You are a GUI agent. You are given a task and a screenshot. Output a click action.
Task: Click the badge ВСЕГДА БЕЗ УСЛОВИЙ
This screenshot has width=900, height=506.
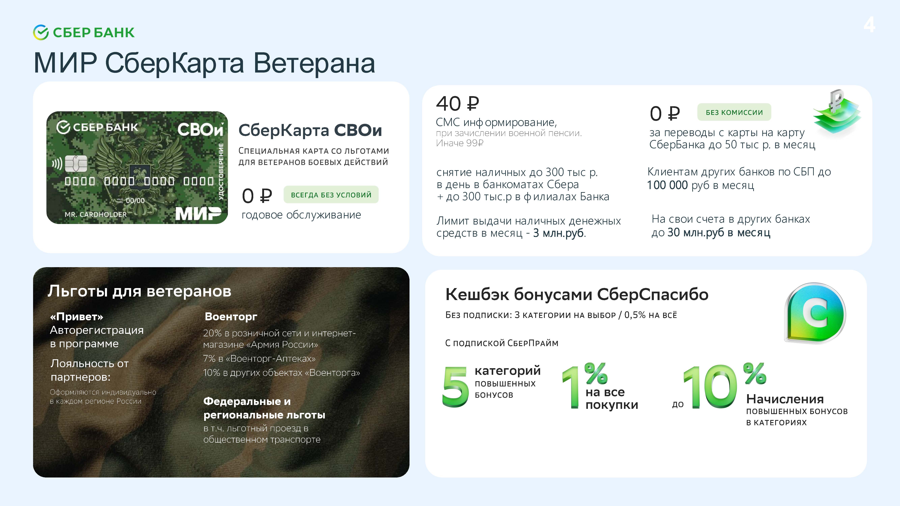(331, 194)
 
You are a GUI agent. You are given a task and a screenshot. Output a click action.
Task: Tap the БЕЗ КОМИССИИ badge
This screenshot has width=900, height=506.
(734, 112)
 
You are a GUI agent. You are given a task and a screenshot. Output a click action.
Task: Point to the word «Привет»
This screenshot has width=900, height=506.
(76, 317)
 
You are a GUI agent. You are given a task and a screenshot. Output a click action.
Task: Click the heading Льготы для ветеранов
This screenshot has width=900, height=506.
(139, 291)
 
